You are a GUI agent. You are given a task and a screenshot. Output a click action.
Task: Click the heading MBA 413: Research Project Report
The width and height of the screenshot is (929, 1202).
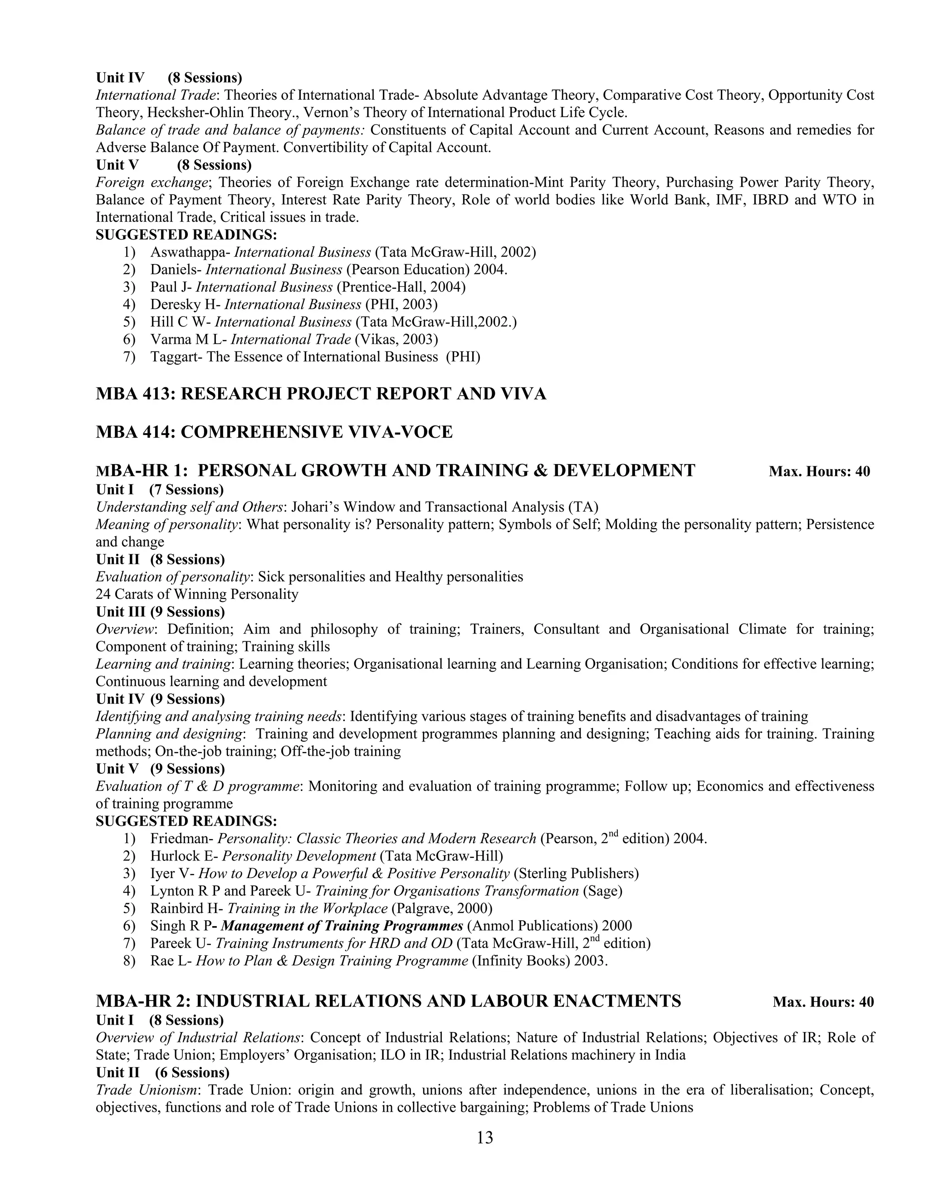coord(321,394)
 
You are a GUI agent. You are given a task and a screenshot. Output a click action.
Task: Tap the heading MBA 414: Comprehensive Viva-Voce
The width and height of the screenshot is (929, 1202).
coord(274,432)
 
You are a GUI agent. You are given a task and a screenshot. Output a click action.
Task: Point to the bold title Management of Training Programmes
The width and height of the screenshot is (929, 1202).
coord(342,926)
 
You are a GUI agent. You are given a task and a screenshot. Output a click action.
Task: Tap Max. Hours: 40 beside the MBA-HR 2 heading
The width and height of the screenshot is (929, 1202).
coord(823,1002)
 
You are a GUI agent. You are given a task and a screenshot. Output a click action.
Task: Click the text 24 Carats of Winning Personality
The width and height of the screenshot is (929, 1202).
coord(197,594)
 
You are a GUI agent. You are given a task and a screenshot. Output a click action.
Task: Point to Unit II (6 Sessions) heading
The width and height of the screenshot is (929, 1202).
coord(162,1073)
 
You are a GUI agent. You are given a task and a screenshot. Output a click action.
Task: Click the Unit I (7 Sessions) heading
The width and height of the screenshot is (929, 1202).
coord(160,490)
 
